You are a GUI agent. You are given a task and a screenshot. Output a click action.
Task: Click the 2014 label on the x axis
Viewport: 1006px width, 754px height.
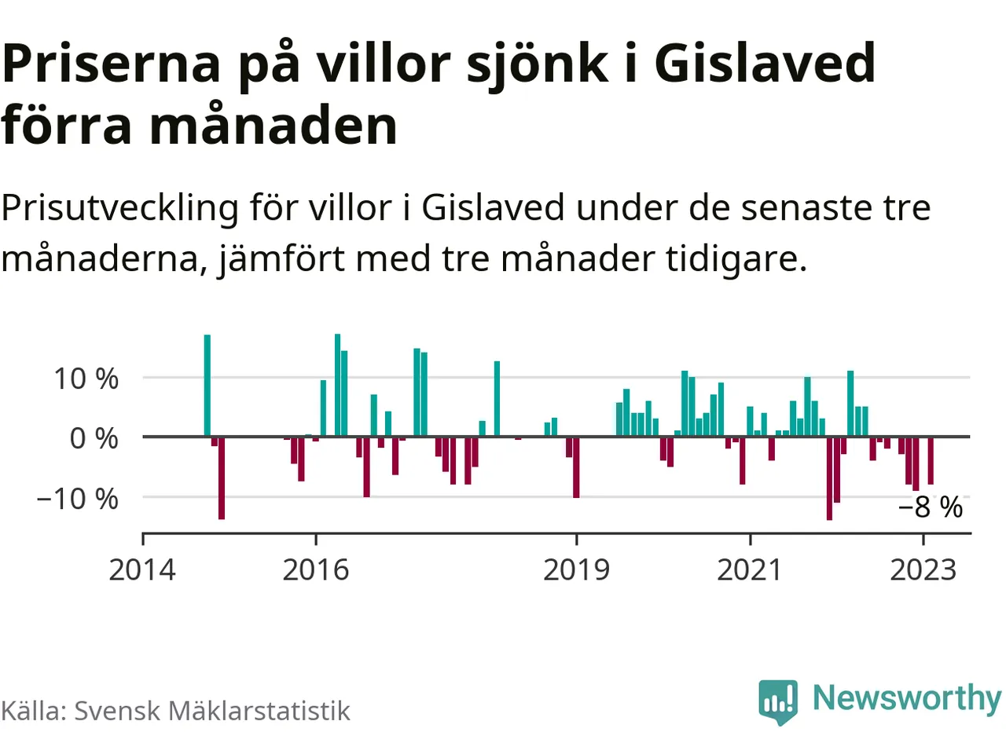(x=142, y=569)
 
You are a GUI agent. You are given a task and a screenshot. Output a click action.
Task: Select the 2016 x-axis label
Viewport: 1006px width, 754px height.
(x=316, y=569)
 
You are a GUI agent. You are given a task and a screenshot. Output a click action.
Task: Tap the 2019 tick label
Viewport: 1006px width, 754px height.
(x=576, y=569)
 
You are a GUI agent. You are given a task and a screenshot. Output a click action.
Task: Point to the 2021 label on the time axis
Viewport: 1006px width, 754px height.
(x=750, y=569)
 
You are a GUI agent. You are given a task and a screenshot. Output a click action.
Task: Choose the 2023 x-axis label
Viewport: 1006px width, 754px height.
(x=923, y=569)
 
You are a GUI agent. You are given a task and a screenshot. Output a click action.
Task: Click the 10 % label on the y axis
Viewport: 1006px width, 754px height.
(x=86, y=379)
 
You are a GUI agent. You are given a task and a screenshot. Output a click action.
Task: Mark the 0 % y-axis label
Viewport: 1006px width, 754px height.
(x=94, y=438)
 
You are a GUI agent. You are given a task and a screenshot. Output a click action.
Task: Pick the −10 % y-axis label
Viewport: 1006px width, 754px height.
(x=77, y=499)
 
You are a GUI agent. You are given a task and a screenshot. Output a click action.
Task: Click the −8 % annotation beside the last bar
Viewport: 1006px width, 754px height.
(x=931, y=507)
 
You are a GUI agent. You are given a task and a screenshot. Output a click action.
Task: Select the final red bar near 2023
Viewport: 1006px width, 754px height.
(x=931, y=460)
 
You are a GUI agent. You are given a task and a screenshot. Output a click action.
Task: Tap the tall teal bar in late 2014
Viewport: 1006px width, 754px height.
(x=207, y=386)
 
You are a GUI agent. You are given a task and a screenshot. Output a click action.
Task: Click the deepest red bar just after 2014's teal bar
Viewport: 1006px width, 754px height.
(x=222, y=478)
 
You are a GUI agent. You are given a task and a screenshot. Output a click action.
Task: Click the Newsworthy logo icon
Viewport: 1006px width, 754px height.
(x=778, y=701)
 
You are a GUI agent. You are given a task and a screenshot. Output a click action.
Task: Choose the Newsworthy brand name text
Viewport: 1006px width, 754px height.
(x=906, y=697)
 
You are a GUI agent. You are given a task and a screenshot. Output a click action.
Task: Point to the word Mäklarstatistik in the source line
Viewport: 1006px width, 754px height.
(x=259, y=711)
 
